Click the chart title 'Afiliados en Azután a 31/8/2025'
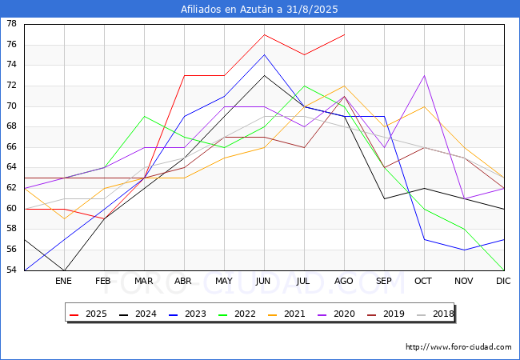coord(259,9)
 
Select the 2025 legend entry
coord(89,314)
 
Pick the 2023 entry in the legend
coord(188,314)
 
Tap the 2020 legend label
coord(344,314)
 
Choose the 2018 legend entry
coord(435,314)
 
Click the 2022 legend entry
coord(238,314)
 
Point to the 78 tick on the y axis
coord(11,24)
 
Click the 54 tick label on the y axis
coord(11,270)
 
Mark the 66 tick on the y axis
coord(11,147)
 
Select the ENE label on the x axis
coord(63,281)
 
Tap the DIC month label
coord(503,281)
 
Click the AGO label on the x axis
coord(343,281)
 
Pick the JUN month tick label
coord(263,281)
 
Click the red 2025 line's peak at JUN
coord(264,34)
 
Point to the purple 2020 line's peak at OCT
coord(424,75)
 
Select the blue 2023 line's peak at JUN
coord(264,54)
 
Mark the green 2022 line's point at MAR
coord(144,116)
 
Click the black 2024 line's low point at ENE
coord(64,270)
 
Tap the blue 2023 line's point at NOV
coord(464,250)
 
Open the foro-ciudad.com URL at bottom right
coord(458,347)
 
